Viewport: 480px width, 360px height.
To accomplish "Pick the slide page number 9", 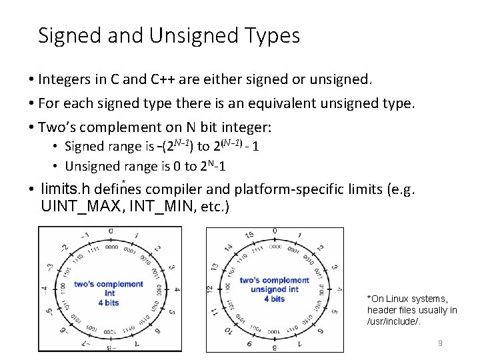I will pyautogui.click(x=439, y=343).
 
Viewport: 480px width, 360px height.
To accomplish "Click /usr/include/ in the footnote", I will pyautogui.click(x=394, y=322).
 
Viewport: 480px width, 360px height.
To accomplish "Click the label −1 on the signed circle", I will pyautogui.click(x=85, y=235).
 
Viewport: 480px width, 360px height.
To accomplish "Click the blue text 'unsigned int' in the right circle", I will pyautogui.click(x=275, y=289).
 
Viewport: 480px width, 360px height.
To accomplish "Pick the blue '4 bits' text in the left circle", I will pyautogui.click(x=109, y=303).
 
